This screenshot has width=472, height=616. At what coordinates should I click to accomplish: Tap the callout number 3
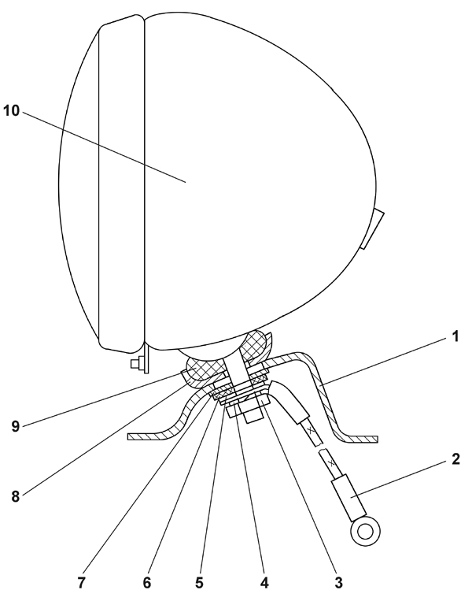[338, 584]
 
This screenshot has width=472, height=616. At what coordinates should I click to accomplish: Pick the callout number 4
[264, 584]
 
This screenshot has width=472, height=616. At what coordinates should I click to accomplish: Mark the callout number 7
[82, 584]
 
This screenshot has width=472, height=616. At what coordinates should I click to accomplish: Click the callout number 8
[15, 496]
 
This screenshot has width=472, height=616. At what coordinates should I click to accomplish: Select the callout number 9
[15, 425]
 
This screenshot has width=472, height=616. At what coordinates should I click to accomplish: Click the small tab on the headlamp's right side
[372, 228]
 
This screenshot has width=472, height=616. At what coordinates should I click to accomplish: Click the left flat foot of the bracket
[149, 436]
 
